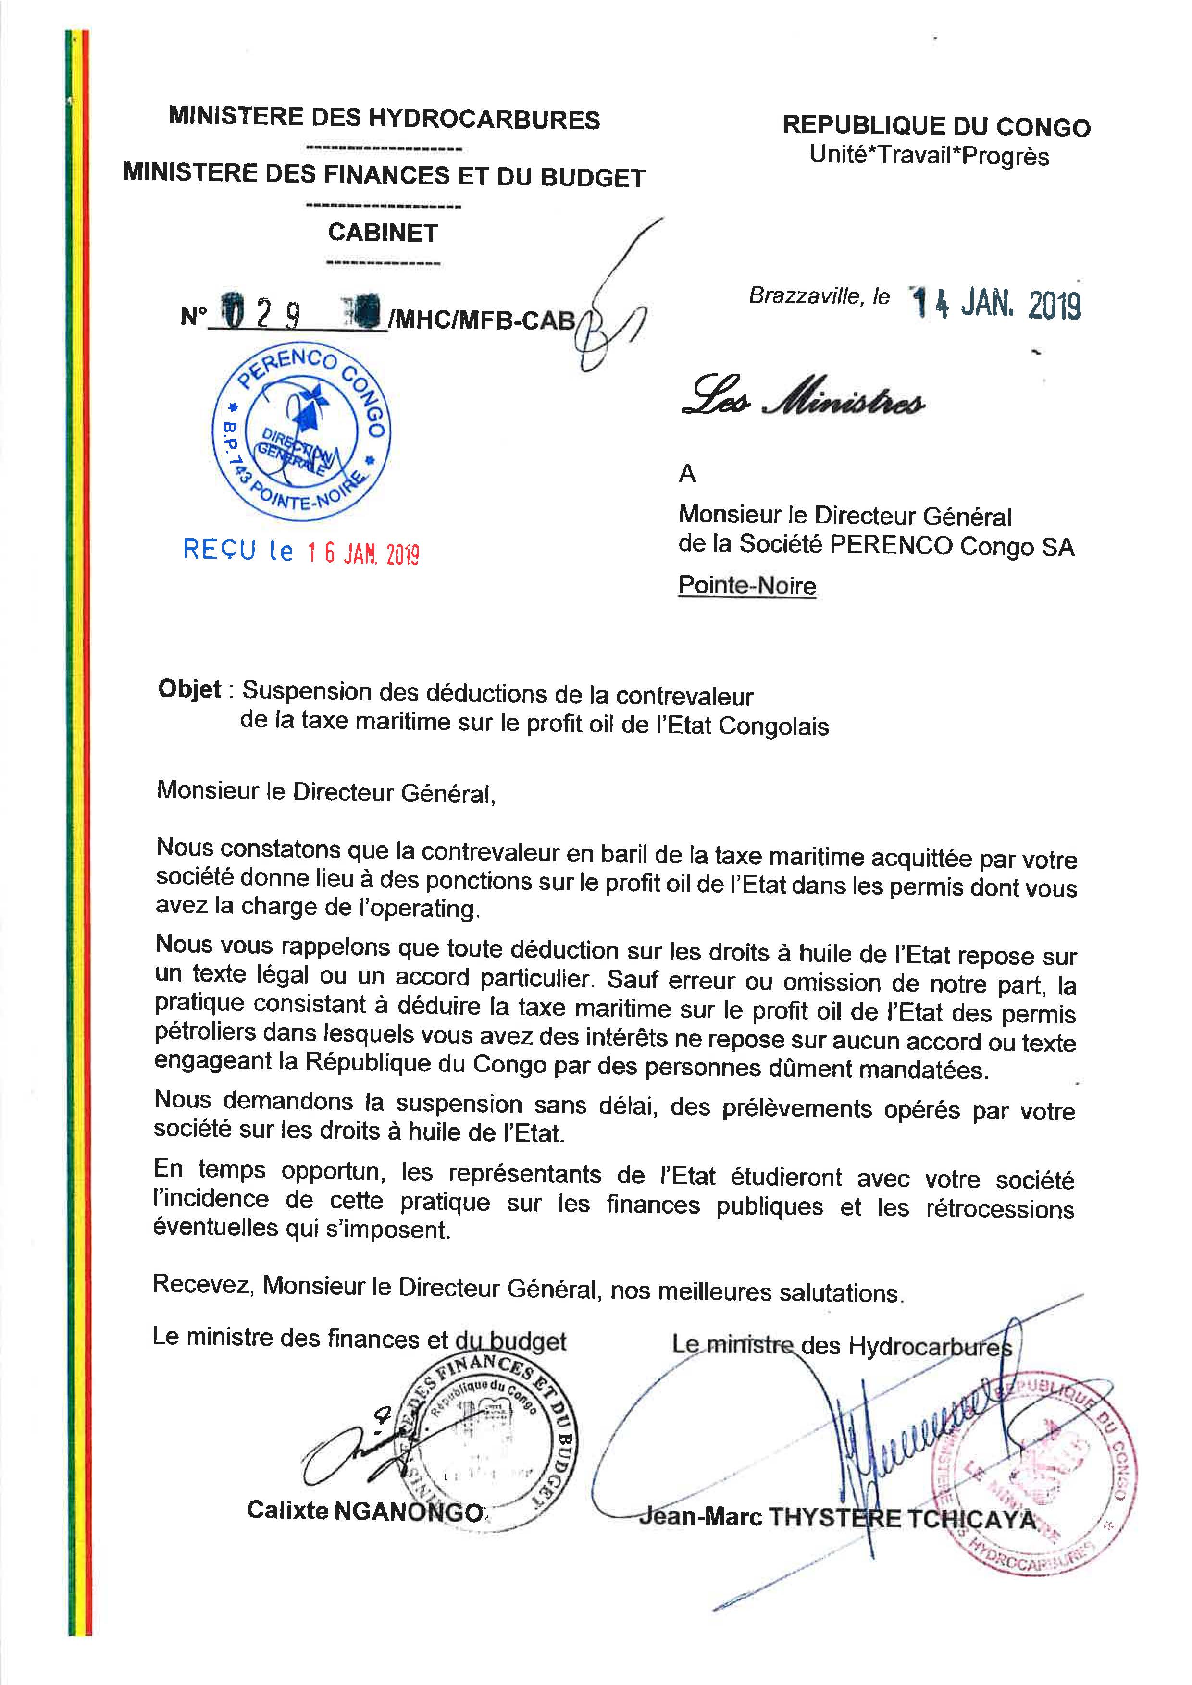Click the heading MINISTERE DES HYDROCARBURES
384,118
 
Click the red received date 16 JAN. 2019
362,553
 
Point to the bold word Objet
189,690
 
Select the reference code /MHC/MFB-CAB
483,320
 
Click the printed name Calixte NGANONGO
365,1510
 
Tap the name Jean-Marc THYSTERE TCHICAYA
837,1516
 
